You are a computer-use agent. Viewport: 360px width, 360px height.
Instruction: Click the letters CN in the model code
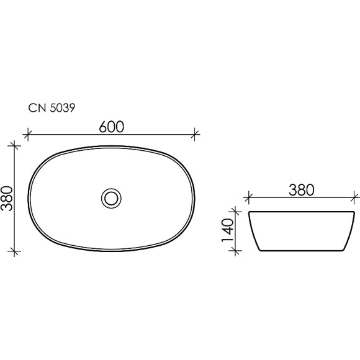click(36, 107)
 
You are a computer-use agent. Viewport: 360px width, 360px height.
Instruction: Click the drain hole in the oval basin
click(112, 198)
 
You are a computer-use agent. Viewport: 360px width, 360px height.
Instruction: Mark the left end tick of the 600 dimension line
click(27, 133)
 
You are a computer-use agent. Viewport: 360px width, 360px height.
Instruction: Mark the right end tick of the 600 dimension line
click(196, 133)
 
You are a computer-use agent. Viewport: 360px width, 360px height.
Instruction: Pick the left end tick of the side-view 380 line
click(248, 199)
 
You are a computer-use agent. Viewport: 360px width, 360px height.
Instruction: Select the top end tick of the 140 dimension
click(235, 212)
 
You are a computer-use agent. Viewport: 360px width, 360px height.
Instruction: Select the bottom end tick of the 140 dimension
click(235, 251)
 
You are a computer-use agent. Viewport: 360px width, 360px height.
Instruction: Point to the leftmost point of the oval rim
click(28, 198)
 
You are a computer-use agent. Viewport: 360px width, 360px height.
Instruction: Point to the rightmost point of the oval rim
click(195, 198)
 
